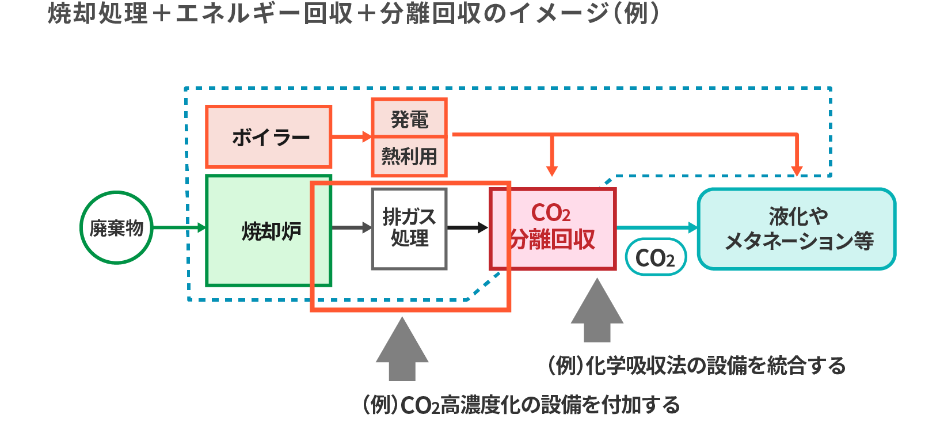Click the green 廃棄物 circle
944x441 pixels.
pyautogui.click(x=116, y=228)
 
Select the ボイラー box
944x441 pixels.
pyautogui.click(x=269, y=137)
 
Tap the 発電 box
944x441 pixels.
pyautogui.click(x=409, y=119)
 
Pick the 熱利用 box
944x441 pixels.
pyautogui.click(x=409, y=156)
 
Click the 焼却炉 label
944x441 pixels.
pyautogui.click(x=271, y=231)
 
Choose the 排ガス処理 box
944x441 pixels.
pyautogui.click(x=409, y=229)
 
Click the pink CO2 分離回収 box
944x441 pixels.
pyautogui.click(x=553, y=229)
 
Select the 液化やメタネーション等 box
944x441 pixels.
pyautogui.click(x=797, y=229)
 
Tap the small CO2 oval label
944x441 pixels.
pyautogui.click(x=655, y=257)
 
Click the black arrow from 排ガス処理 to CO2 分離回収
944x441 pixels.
pyautogui.click(x=468, y=228)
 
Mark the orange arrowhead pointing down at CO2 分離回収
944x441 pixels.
pyautogui.click(x=552, y=170)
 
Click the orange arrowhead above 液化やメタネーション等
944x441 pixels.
pyautogui.click(x=797, y=170)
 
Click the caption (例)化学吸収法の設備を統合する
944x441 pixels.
pyautogui.click(x=696, y=366)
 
